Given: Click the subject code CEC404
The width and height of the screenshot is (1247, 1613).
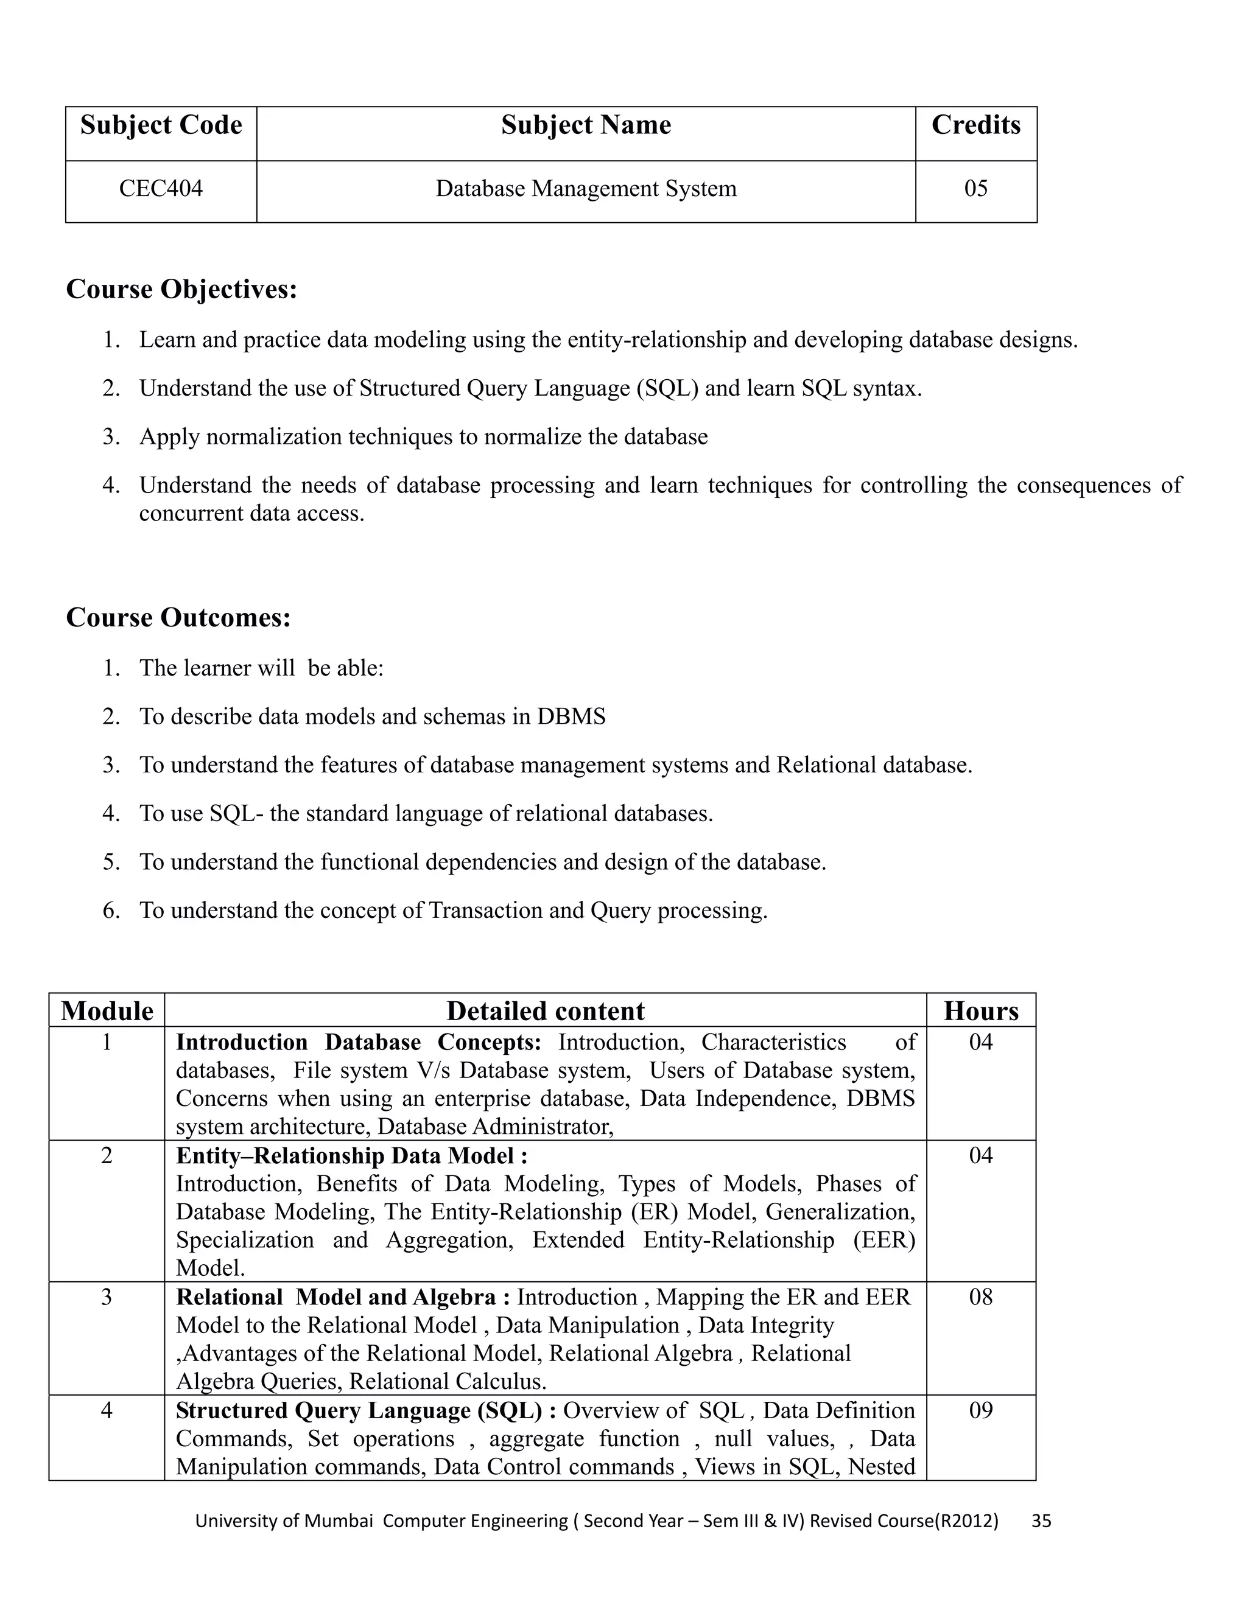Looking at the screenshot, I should [160, 189].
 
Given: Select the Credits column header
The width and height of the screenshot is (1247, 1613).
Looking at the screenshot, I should [975, 125].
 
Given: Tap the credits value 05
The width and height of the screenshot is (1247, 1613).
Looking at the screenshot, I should [975, 189].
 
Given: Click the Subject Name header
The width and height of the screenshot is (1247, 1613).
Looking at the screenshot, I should [586, 125].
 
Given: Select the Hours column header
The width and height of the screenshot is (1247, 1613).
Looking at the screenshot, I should [980, 1011].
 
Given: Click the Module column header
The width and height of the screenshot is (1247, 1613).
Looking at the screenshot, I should [107, 1011].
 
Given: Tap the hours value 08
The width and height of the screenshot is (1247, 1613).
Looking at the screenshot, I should [980, 1298].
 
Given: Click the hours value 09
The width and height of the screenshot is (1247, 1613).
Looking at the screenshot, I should [980, 1411].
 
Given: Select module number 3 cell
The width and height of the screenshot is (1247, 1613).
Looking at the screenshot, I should [107, 1298].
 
